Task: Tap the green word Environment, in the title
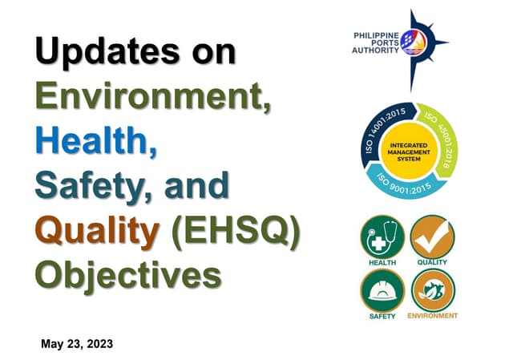tap(152, 98)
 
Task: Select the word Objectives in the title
tap(129, 275)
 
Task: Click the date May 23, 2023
tap(77, 344)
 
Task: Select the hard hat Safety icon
tap(382, 290)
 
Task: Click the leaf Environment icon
tap(432, 290)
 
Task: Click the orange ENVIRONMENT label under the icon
tap(432, 316)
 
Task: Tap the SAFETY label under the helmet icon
tap(382, 316)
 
